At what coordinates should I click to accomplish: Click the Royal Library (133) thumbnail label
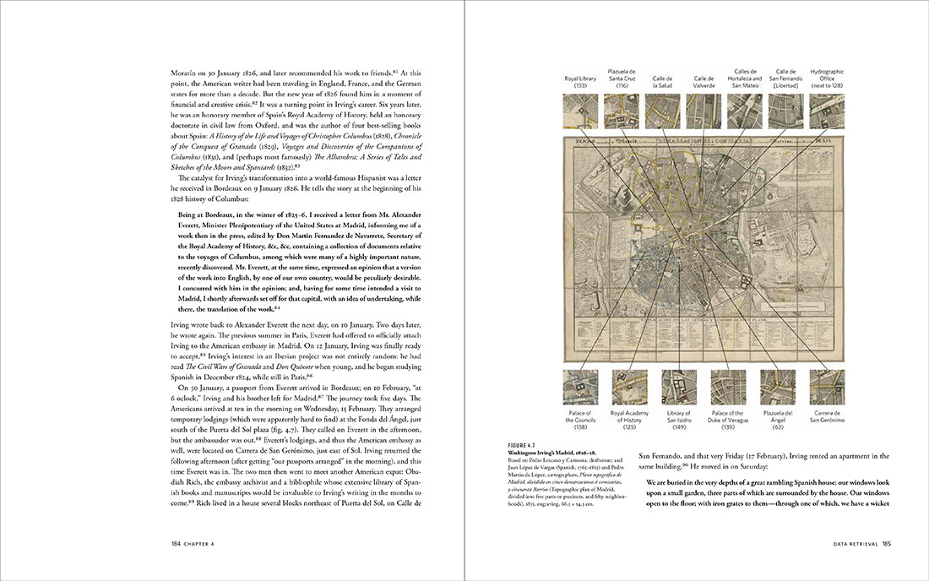coord(580,83)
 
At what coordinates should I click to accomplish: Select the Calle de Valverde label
coord(704,83)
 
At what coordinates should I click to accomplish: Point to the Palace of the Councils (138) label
coord(580,420)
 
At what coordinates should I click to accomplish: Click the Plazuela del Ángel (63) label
coord(778,420)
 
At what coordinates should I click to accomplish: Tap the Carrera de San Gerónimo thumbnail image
coord(827,387)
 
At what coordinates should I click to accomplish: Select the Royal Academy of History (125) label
coord(629,420)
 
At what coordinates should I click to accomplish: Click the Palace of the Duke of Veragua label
coord(728,420)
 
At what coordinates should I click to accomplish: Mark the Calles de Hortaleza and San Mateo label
coord(745,79)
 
